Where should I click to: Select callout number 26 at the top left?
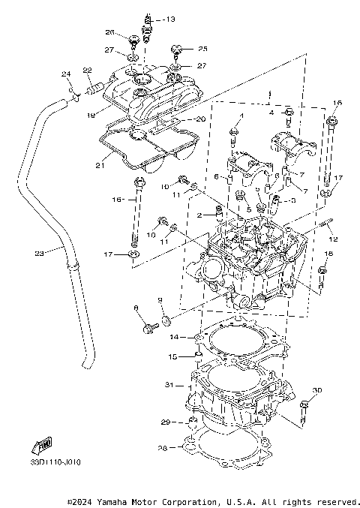(x=109, y=32)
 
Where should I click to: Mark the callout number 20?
(x=199, y=119)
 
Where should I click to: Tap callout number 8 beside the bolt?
(x=136, y=308)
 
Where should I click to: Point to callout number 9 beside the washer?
(x=160, y=300)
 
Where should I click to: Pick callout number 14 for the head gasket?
(x=172, y=337)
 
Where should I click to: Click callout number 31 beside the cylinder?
(x=169, y=385)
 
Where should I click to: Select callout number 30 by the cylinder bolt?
(x=317, y=390)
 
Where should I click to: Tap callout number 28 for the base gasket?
(x=162, y=449)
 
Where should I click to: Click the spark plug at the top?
(x=148, y=29)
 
